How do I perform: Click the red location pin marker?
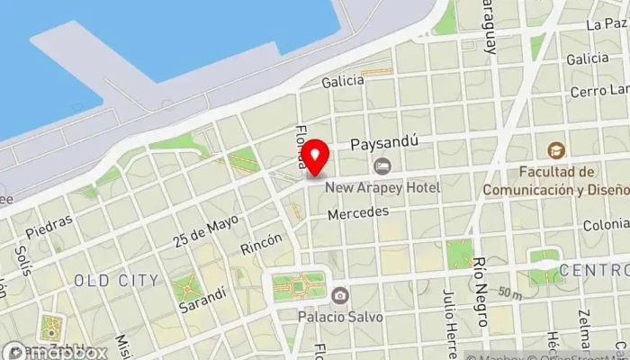point(314,157)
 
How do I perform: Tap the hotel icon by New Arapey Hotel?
point(382,166)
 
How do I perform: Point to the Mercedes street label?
point(357,213)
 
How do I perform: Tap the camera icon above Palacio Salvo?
point(340,295)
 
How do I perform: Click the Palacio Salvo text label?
point(340,316)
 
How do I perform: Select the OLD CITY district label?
point(117,281)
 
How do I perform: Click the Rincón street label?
point(261,244)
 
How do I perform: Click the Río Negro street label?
point(480,283)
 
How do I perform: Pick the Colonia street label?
point(606,225)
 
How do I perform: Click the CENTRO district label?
point(593,270)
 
